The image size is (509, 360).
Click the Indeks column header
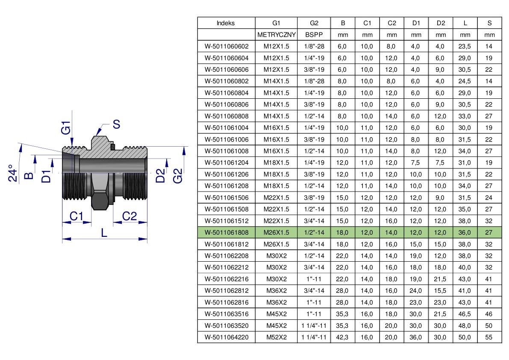pyautogui.click(x=226, y=23)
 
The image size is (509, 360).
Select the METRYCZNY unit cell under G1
pyautogui.click(x=276, y=35)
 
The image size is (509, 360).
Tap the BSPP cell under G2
pyautogui.click(x=314, y=35)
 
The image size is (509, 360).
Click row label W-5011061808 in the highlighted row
pyautogui.click(x=227, y=233)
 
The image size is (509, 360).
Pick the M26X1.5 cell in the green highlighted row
pyautogui.click(x=276, y=233)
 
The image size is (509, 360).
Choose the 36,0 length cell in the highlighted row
pyautogui.click(x=465, y=233)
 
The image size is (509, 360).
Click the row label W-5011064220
pyautogui.click(x=227, y=337)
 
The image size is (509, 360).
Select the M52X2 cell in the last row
pyautogui.click(x=277, y=337)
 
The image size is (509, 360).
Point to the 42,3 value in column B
pyautogui.click(x=342, y=337)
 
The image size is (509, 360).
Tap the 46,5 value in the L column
pyautogui.click(x=465, y=314)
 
